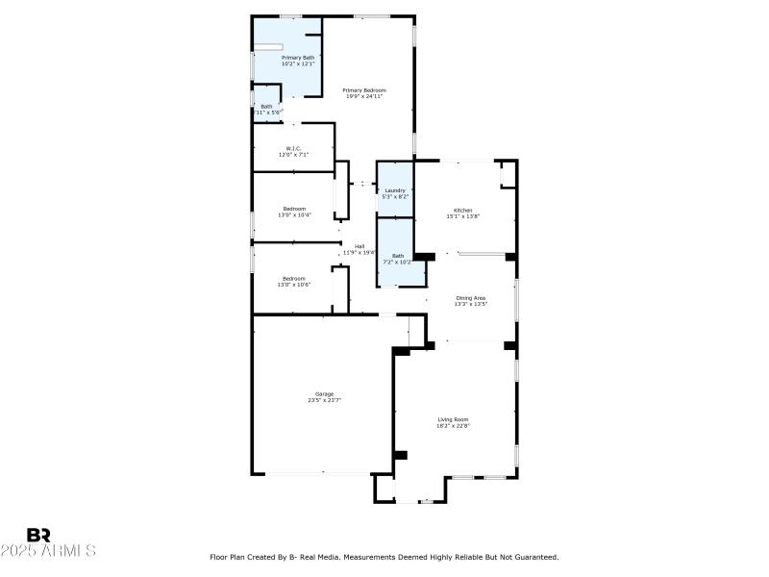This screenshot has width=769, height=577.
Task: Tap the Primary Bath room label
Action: click(x=297, y=58)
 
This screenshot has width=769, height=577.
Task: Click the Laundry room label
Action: click(x=394, y=190)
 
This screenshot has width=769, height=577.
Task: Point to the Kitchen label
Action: click(x=463, y=210)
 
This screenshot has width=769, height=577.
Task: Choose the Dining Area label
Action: click(x=470, y=298)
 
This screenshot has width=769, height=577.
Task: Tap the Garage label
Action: click(x=324, y=393)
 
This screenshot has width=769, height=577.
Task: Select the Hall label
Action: click(x=359, y=246)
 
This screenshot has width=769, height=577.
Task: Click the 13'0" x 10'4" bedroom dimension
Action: click(x=294, y=215)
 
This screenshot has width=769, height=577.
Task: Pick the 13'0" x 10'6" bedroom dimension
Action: click(x=294, y=285)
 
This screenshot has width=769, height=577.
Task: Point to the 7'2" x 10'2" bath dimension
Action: click(x=397, y=262)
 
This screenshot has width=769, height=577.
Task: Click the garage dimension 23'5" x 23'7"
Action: click(x=324, y=400)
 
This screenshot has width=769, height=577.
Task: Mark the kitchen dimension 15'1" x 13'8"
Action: click(x=463, y=216)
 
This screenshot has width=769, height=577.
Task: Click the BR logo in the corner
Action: click(x=38, y=535)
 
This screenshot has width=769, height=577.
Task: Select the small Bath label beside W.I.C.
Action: click(x=266, y=107)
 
